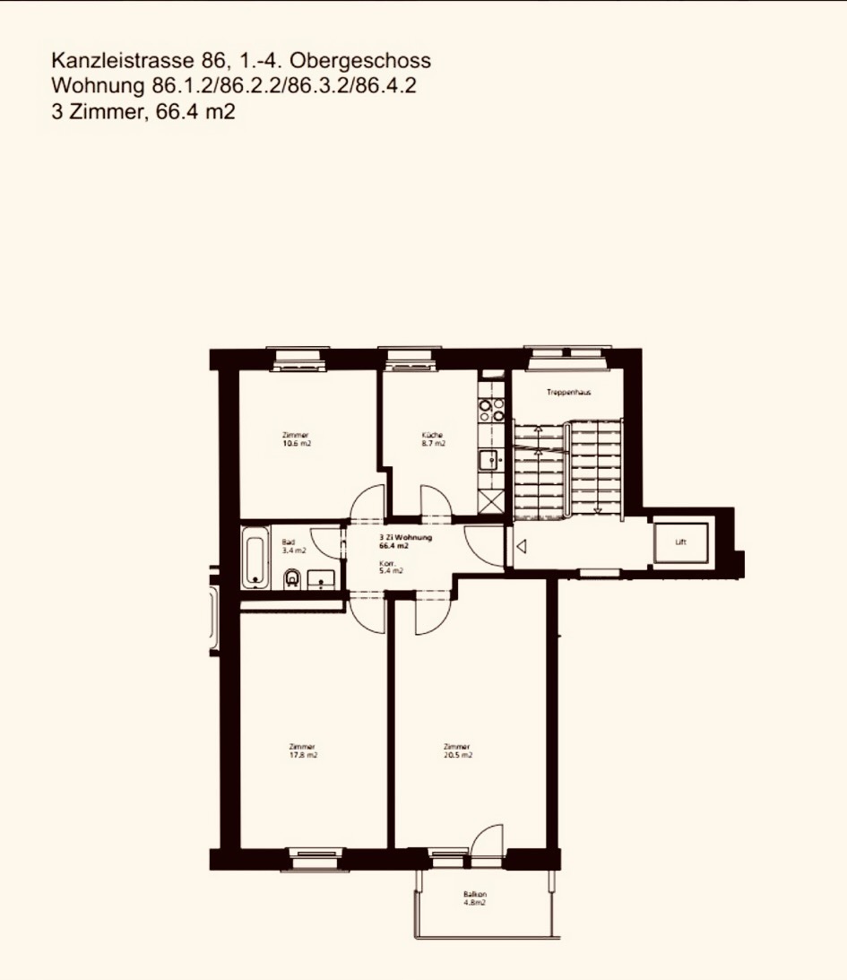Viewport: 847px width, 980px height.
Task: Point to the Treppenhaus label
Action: pyautogui.click(x=568, y=393)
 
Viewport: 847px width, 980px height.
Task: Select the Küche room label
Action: pyautogui.click(x=433, y=435)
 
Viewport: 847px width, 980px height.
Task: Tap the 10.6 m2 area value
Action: pyautogui.click(x=296, y=443)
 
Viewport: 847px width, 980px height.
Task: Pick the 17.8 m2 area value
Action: pyautogui.click(x=303, y=755)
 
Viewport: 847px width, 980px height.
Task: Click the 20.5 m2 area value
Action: pyautogui.click(x=457, y=755)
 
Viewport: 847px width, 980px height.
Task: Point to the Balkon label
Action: pyautogui.click(x=474, y=894)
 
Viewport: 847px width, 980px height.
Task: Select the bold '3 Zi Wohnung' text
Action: pyautogui.click(x=406, y=536)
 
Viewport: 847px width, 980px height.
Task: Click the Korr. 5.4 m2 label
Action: pyautogui.click(x=390, y=567)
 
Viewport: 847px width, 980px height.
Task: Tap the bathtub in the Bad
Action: pyautogui.click(x=255, y=558)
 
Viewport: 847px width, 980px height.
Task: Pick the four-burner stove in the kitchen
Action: pyautogui.click(x=492, y=410)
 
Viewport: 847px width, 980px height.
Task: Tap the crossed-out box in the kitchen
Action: pyautogui.click(x=491, y=503)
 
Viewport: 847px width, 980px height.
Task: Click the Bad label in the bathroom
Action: pyautogui.click(x=288, y=542)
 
